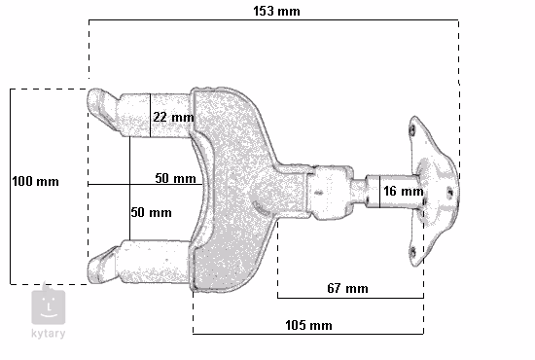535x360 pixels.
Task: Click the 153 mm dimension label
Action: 276,12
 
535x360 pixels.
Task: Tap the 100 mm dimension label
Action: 35,181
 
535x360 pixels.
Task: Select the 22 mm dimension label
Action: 174,118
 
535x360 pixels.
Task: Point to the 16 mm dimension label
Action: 404,191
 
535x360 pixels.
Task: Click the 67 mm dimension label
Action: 347,288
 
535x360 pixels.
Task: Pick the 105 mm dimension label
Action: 308,325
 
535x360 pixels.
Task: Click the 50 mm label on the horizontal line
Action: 175,178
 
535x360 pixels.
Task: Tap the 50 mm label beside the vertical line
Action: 151,212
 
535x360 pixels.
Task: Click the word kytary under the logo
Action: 48,334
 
